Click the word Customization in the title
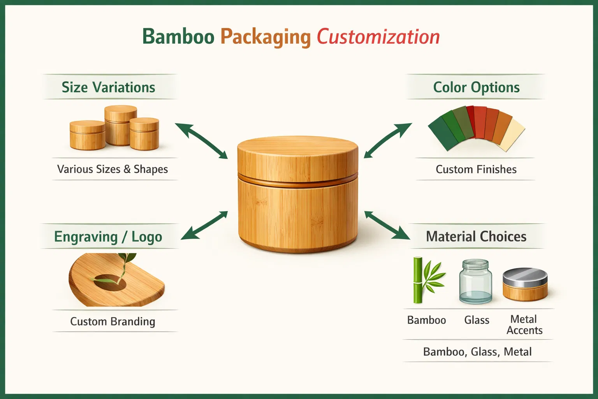tap(378, 37)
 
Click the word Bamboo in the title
tap(178, 37)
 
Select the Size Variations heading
tap(108, 87)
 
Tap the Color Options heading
tap(476, 87)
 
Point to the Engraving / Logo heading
tap(108, 237)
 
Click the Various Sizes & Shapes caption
tap(113, 169)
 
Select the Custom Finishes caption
tap(476, 169)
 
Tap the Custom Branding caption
tap(113, 321)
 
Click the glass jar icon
tap(475, 281)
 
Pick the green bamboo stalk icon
tap(418, 280)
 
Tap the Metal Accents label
tap(524, 325)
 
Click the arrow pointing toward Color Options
tap(388, 141)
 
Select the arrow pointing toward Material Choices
tap(387, 225)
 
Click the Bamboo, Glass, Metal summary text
tap(477, 352)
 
